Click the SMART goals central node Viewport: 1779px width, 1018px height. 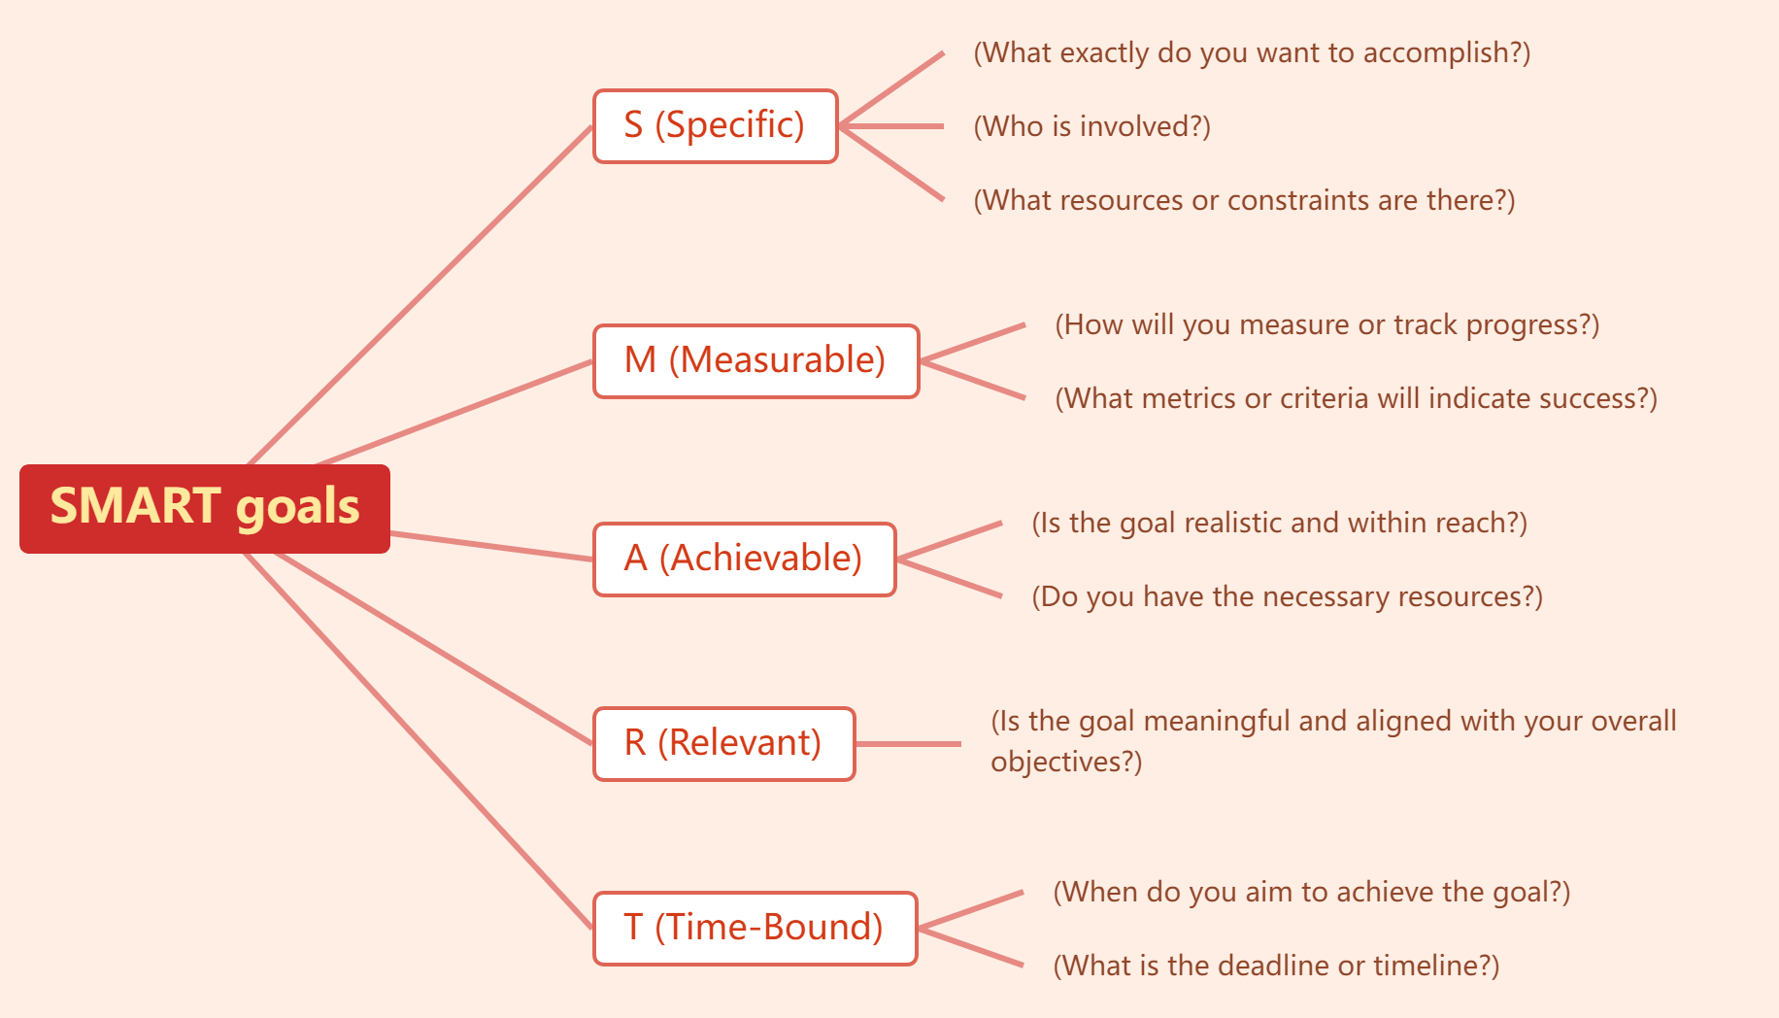(x=205, y=508)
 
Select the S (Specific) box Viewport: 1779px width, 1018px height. (x=715, y=126)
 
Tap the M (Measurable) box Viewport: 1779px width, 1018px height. (x=755, y=361)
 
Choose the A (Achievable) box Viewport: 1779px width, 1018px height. (x=744, y=560)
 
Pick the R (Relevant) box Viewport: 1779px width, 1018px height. (x=723, y=744)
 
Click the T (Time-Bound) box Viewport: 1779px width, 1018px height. (x=755, y=929)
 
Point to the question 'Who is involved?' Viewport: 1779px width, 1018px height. (x=1091, y=126)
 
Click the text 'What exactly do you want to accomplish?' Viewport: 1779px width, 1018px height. (x=1252, y=52)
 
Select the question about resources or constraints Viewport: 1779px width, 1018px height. (x=1244, y=200)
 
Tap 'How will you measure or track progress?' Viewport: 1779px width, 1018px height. (x=1326, y=324)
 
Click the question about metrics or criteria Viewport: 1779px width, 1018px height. (x=1356, y=398)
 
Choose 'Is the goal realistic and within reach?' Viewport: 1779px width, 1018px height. (x=1279, y=523)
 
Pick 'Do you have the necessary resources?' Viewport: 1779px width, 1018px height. (x=1287, y=596)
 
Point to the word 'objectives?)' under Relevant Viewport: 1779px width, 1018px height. (x=1066, y=762)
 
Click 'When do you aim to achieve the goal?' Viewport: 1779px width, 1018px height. (x=1311, y=892)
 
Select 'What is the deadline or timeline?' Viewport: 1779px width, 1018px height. (x=1276, y=966)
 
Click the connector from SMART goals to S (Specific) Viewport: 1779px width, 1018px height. (x=420, y=295)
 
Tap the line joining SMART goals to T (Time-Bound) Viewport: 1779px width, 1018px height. (x=418, y=740)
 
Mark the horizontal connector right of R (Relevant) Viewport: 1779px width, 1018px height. (x=908, y=744)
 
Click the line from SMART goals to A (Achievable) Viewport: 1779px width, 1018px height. (x=490, y=546)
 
